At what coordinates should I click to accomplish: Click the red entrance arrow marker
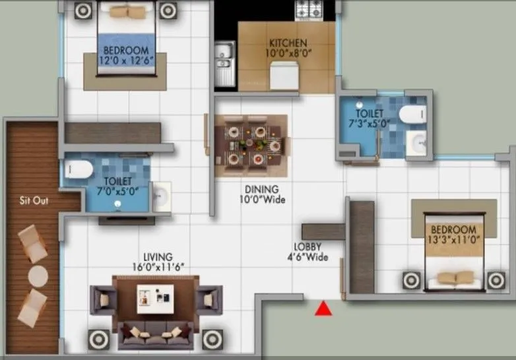(x=323, y=309)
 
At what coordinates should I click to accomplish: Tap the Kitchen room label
(x=288, y=43)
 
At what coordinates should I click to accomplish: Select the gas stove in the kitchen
(x=309, y=9)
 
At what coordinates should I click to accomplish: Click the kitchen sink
(x=225, y=63)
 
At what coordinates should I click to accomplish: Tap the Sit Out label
(x=34, y=200)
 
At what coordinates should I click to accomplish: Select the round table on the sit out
(x=38, y=276)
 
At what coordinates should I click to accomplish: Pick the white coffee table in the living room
(x=155, y=299)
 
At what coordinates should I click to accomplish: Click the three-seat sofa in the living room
(x=156, y=335)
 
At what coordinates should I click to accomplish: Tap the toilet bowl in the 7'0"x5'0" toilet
(x=79, y=169)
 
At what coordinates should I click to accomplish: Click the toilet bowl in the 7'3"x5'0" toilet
(x=413, y=114)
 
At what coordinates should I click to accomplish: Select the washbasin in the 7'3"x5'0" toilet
(x=416, y=143)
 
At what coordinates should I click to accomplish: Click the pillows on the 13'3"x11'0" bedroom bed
(x=455, y=278)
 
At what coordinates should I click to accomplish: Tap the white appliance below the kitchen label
(x=284, y=76)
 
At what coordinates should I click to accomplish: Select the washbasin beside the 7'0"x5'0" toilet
(x=161, y=196)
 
